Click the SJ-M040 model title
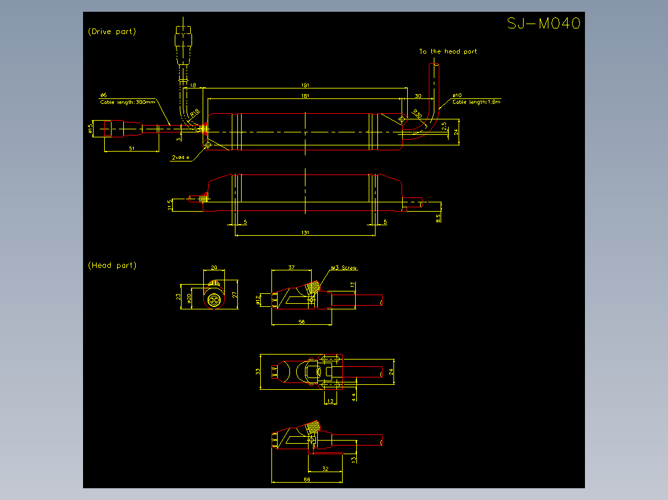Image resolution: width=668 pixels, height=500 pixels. click(x=543, y=24)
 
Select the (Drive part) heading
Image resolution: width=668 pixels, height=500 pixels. click(x=112, y=31)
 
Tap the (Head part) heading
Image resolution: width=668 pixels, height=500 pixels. click(x=112, y=265)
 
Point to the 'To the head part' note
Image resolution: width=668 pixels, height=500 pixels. click(x=447, y=51)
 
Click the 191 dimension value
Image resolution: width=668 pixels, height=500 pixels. click(x=305, y=85)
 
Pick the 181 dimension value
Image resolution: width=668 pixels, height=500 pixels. click(x=305, y=96)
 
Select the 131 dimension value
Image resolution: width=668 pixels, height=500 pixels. click(x=305, y=233)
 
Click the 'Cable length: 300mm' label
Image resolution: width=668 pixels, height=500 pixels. click(x=128, y=101)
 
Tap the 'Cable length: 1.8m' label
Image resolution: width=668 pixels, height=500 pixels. click(x=476, y=101)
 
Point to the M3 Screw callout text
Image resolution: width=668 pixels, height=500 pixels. click(x=344, y=268)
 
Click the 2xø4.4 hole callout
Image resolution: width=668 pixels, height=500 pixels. click(x=182, y=158)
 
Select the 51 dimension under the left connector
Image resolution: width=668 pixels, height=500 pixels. click(x=131, y=149)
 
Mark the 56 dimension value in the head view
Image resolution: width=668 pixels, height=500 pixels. click(x=302, y=322)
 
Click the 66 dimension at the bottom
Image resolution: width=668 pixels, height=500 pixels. click(x=306, y=480)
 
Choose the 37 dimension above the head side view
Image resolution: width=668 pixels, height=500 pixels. click(x=291, y=268)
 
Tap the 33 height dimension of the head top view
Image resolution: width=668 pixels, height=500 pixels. click(x=258, y=371)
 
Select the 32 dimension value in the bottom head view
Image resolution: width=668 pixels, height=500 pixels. click(x=325, y=469)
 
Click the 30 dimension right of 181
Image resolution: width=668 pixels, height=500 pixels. click(x=418, y=96)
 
